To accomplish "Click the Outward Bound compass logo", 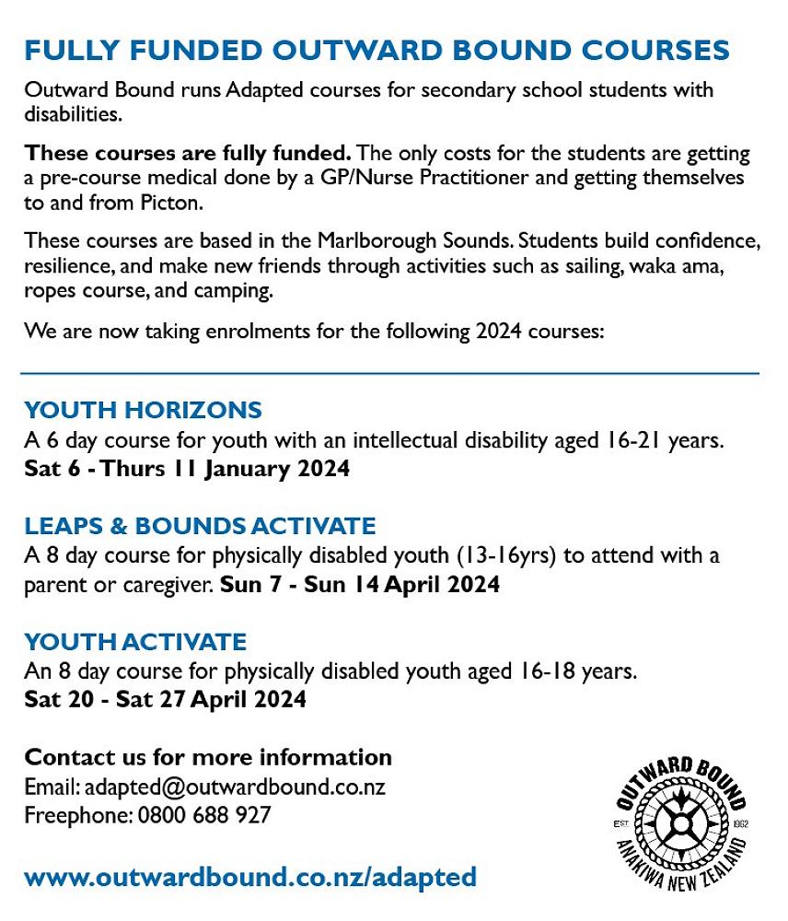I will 680,822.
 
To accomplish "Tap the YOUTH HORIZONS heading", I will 143,410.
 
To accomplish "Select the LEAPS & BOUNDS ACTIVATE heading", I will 200,526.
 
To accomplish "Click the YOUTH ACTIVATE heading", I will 135,642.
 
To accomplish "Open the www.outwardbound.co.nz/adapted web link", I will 250,876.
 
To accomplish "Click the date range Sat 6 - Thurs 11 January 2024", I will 187,468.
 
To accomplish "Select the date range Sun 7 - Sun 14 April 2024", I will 360,585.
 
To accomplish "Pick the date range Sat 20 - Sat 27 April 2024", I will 165,699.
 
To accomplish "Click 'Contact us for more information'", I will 208,757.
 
